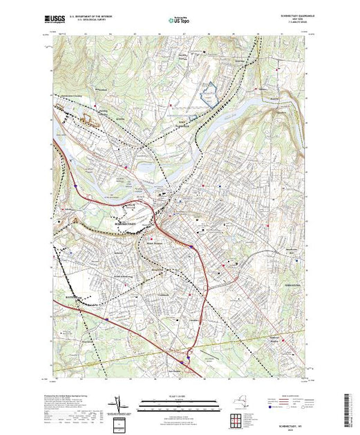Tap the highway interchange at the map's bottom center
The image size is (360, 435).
click(x=183, y=359)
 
